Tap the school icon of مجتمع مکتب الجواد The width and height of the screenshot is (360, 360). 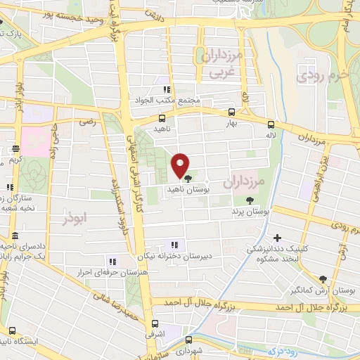pos(167,89)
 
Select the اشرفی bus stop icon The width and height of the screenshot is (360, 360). pos(156,324)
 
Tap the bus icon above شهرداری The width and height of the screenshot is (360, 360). pos(185,339)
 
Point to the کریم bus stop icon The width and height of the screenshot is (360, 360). pos(15,148)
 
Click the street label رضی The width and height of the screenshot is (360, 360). pos(86,122)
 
